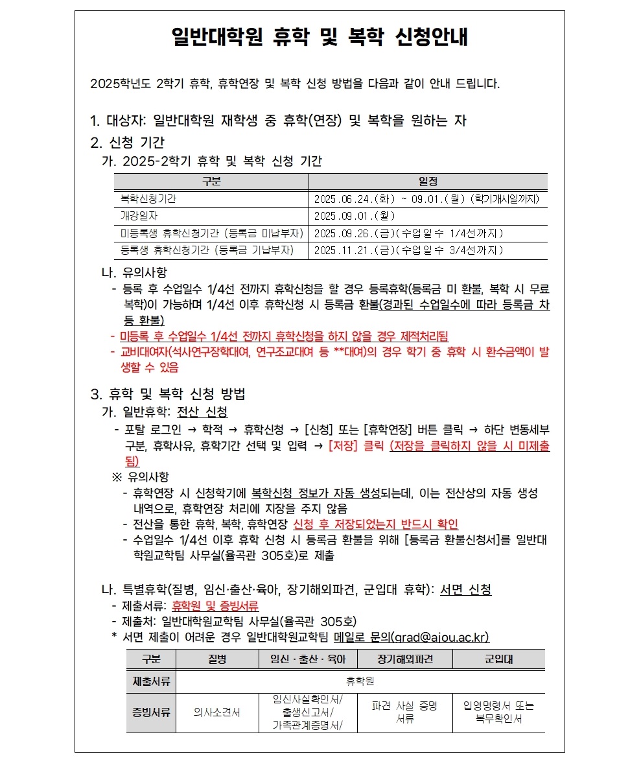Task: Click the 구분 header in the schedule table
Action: click(211, 182)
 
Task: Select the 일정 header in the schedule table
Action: click(428, 182)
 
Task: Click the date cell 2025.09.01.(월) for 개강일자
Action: click(355, 216)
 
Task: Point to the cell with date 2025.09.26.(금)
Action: click(408, 233)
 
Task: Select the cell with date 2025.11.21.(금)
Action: click(408, 250)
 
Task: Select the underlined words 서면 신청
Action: click(465, 590)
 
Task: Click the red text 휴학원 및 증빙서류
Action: click(215, 607)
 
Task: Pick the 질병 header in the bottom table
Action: click(217, 659)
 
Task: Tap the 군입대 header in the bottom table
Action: click(498, 659)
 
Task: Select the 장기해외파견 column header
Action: click(404, 659)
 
